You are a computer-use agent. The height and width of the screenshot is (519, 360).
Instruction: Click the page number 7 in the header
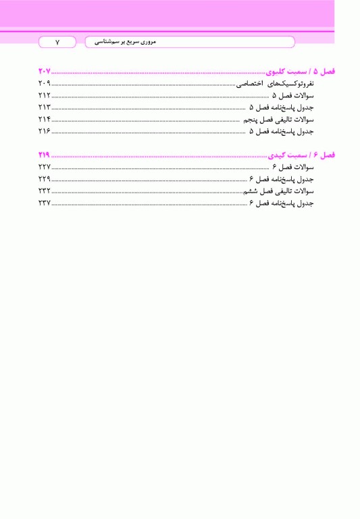click(57, 42)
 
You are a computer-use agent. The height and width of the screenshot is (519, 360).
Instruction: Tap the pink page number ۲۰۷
click(45, 72)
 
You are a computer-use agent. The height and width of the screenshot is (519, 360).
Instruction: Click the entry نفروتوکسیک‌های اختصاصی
click(276, 84)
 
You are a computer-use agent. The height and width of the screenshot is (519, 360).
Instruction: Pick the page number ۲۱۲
click(45, 96)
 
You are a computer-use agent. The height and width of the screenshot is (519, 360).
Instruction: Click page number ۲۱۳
click(45, 107)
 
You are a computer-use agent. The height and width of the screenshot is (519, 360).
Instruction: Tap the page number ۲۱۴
click(45, 120)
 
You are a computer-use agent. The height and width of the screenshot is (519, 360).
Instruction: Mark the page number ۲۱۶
click(45, 131)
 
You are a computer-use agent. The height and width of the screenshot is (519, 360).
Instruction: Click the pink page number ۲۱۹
click(45, 155)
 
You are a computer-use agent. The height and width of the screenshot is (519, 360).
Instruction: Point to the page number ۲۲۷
click(45, 167)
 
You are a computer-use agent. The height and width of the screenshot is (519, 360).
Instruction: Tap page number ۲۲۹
click(45, 179)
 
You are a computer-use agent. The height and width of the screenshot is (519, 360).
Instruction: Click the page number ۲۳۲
click(45, 191)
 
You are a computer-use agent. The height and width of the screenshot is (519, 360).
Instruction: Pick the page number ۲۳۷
click(45, 203)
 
